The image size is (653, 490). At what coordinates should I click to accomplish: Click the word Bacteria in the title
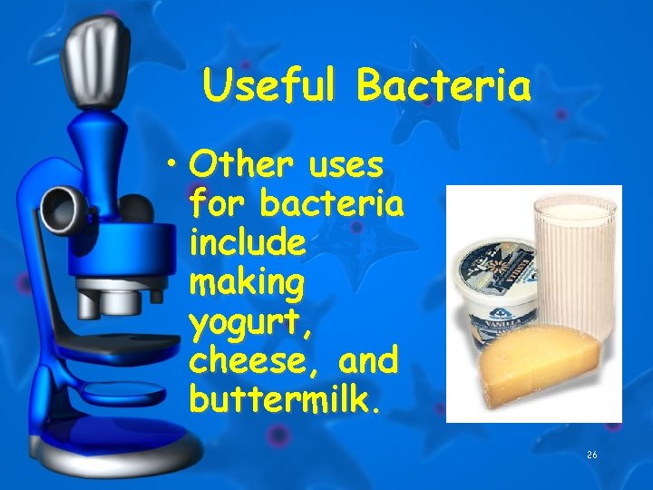click(x=443, y=87)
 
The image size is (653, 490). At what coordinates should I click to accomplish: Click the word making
click(x=246, y=284)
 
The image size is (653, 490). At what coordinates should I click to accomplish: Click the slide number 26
click(x=593, y=455)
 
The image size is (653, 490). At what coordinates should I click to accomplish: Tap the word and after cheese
click(x=367, y=361)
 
